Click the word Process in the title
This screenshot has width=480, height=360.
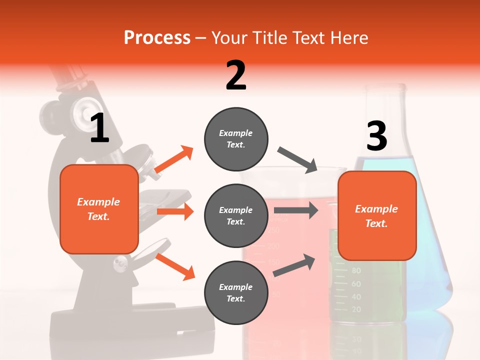pyautogui.click(x=157, y=38)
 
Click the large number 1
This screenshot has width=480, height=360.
pyautogui.click(x=99, y=128)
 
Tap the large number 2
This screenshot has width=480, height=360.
pyautogui.click(x=236, y=75)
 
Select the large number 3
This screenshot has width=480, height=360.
pyautogui.click(x=376, y=136)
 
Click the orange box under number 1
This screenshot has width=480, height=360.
pyautogui.click(x=99, y=209)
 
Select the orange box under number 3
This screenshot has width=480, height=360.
pyautogui.click(x=376, y=215)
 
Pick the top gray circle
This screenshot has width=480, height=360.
pyautogui.click(x=236, y=138)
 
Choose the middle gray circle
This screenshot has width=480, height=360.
pyautogui.click(x=236, y=215)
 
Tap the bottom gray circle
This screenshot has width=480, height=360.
pyautogui.click(x=236, y=292)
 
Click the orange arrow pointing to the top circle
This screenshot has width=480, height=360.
pyautogui.click(x=174, y=160)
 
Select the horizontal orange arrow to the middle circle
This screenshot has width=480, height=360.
pyautogui.click(x=175, y=211)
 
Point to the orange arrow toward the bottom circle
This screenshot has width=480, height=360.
pyautogui.click(x=175, y=266)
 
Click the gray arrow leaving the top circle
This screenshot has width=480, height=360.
pyautogui.click(x=298, y=160)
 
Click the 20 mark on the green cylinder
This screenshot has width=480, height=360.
pyautogui.click(x=356, y=309)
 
